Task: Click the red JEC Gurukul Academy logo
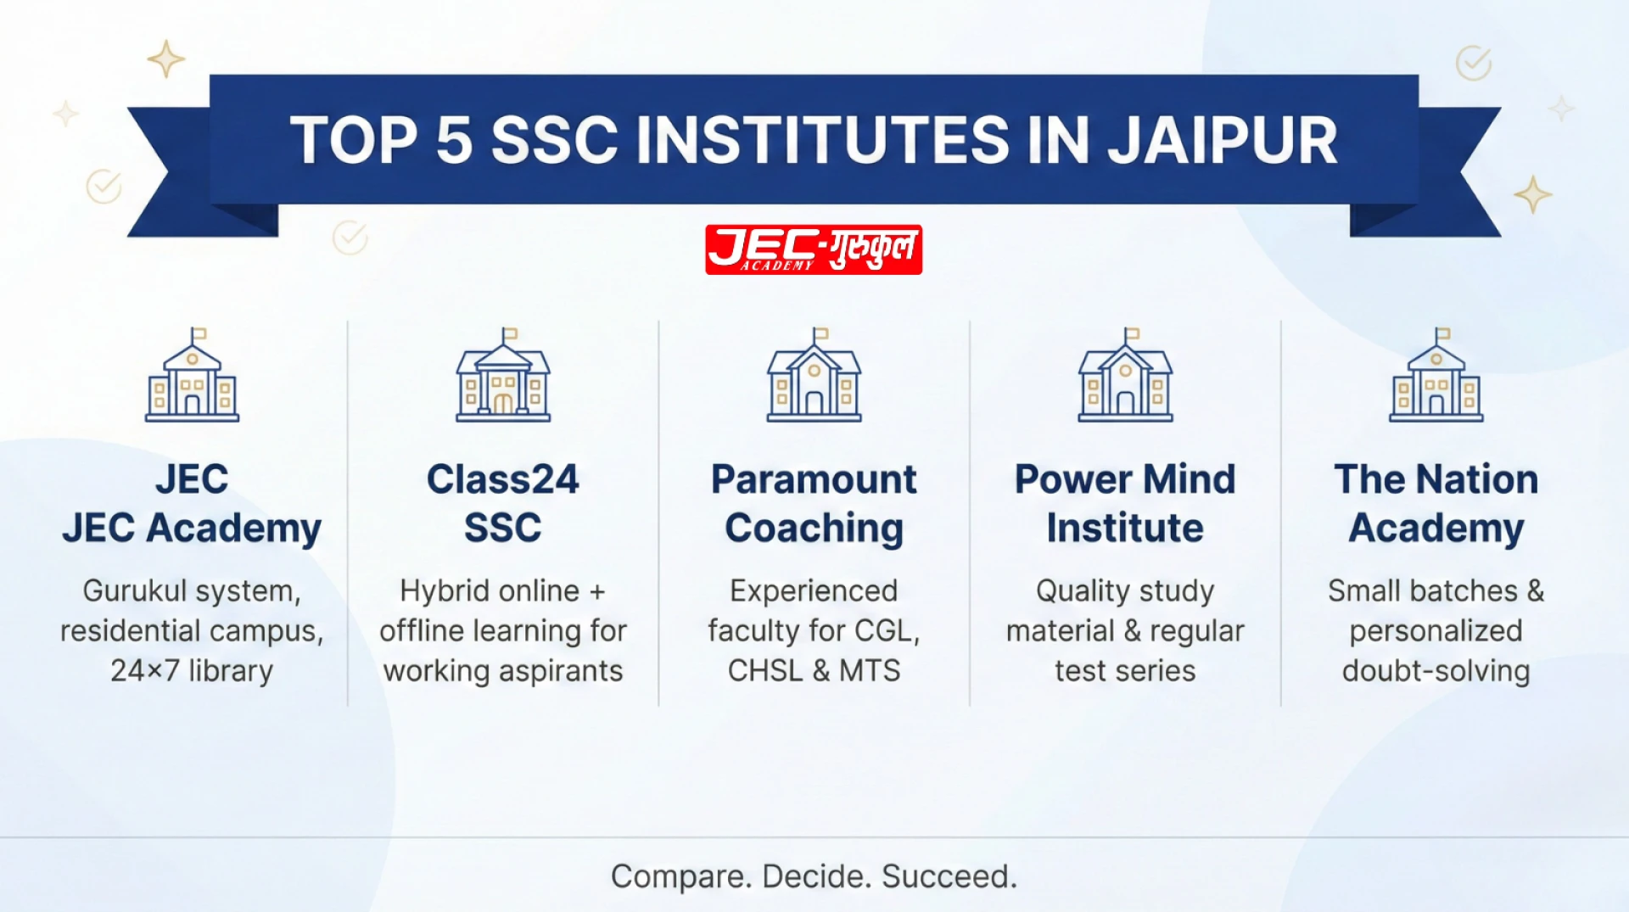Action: coord(813,249)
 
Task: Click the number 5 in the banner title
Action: coord(454,141)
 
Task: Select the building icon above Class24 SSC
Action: coord(503,376)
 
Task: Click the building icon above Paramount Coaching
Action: coord(814,376)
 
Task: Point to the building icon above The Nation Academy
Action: coord(1436,376)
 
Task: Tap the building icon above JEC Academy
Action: coord(193,376)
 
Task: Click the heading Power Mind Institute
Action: coord(1125,503)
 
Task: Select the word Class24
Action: coord(502,479)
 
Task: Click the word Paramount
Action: coord(814,479)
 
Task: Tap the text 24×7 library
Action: coord(192,671)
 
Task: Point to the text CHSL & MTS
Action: coord(814,671)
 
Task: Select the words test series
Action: coord(1125,671)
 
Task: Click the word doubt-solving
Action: coord(1436,671)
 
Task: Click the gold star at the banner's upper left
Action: coord(166,59)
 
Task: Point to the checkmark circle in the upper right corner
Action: coord(1474,63)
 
